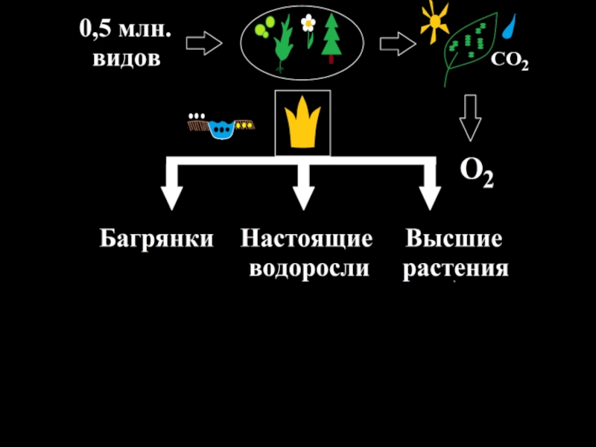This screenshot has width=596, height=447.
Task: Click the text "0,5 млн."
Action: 125,31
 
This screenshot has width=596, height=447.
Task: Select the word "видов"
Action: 126,58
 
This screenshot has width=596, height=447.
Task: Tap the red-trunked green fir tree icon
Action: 332,41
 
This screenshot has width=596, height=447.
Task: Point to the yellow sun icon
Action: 433,20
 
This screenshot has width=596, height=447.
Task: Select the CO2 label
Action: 509,64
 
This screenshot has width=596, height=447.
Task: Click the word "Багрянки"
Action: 157,239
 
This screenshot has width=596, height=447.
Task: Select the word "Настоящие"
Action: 306,239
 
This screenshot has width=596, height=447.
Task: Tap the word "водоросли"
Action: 308,267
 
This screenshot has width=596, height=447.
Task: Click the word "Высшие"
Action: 454,239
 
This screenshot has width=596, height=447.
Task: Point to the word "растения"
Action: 456,267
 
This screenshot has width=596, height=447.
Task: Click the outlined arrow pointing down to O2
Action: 469,118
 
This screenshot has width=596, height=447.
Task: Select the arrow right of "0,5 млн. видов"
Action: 203,43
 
